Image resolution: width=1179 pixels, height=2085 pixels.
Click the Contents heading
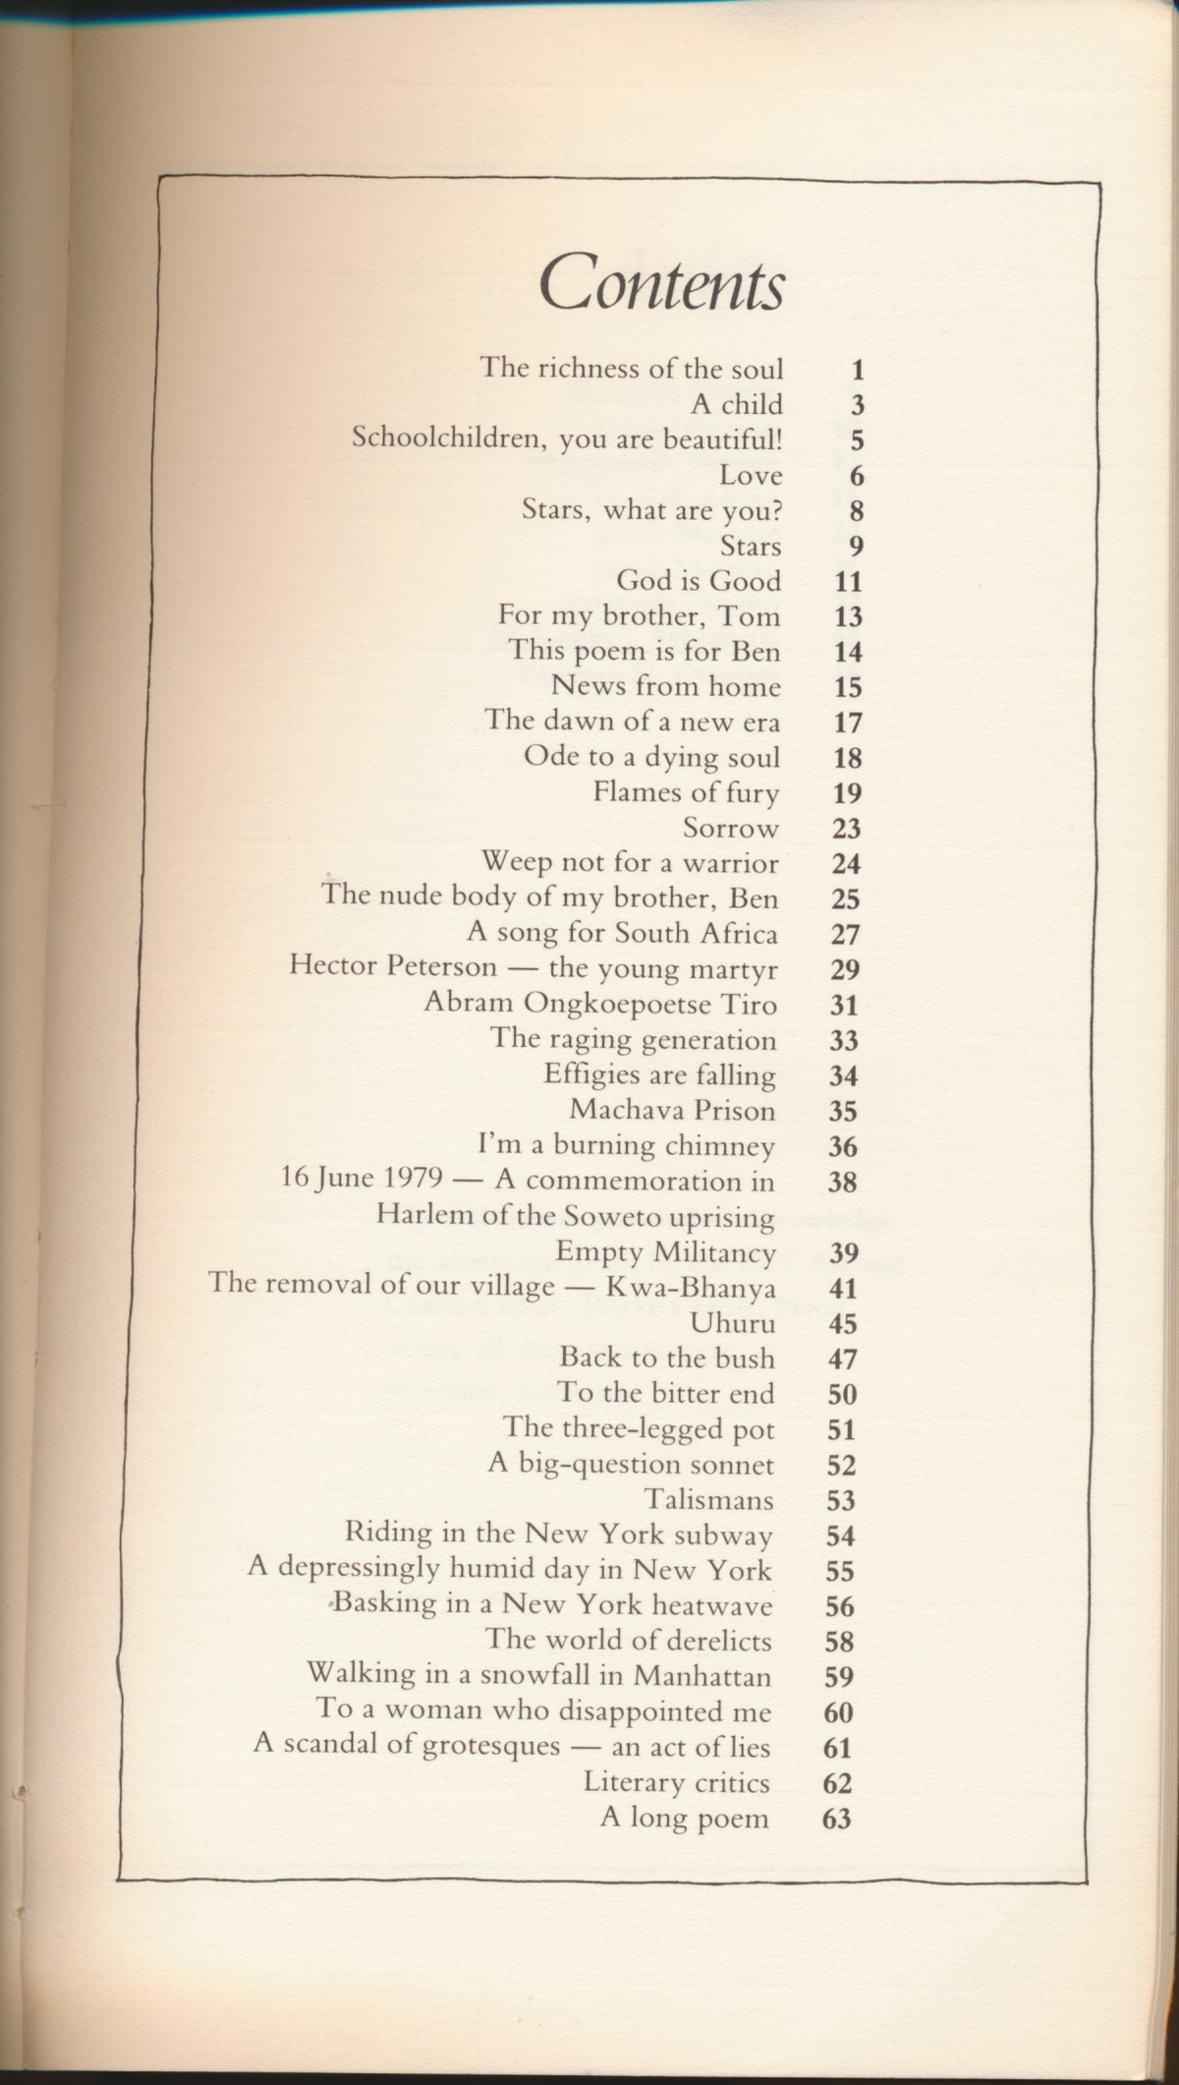[x=661, y=283]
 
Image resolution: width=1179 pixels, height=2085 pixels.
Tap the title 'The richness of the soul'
[x=631, y=369]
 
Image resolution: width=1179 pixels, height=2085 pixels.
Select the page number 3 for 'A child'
[x=857, y=406]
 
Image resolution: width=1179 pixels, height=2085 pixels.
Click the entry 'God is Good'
[x=699, y=581]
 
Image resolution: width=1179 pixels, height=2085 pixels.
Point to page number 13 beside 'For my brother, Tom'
[x=847, y=617]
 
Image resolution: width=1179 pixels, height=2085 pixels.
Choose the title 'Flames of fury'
[x=686, y=792]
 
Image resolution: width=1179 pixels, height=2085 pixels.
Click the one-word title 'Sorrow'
[x=731, y=829]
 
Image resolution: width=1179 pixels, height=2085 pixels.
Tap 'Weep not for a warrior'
[x=629, y=863]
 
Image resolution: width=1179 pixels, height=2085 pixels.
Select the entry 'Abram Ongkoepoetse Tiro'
[x=600, y=1004]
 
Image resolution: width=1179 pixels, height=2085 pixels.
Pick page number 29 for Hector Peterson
[x=845, y=970]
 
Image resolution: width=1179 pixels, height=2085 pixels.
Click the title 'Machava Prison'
[x=672, y=1110]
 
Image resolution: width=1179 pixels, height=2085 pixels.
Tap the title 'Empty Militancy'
[x=665, y=1252]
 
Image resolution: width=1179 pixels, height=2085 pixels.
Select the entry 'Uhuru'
[x=732, y=1323]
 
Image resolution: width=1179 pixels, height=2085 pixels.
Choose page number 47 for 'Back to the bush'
[x=843, y=1360]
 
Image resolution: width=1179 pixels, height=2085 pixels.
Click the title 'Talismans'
[x=708, y=1500]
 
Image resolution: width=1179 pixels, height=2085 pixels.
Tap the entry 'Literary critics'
[x=676, y=1782]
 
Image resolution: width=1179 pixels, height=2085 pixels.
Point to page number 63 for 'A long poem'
[x=836, y=1819]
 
